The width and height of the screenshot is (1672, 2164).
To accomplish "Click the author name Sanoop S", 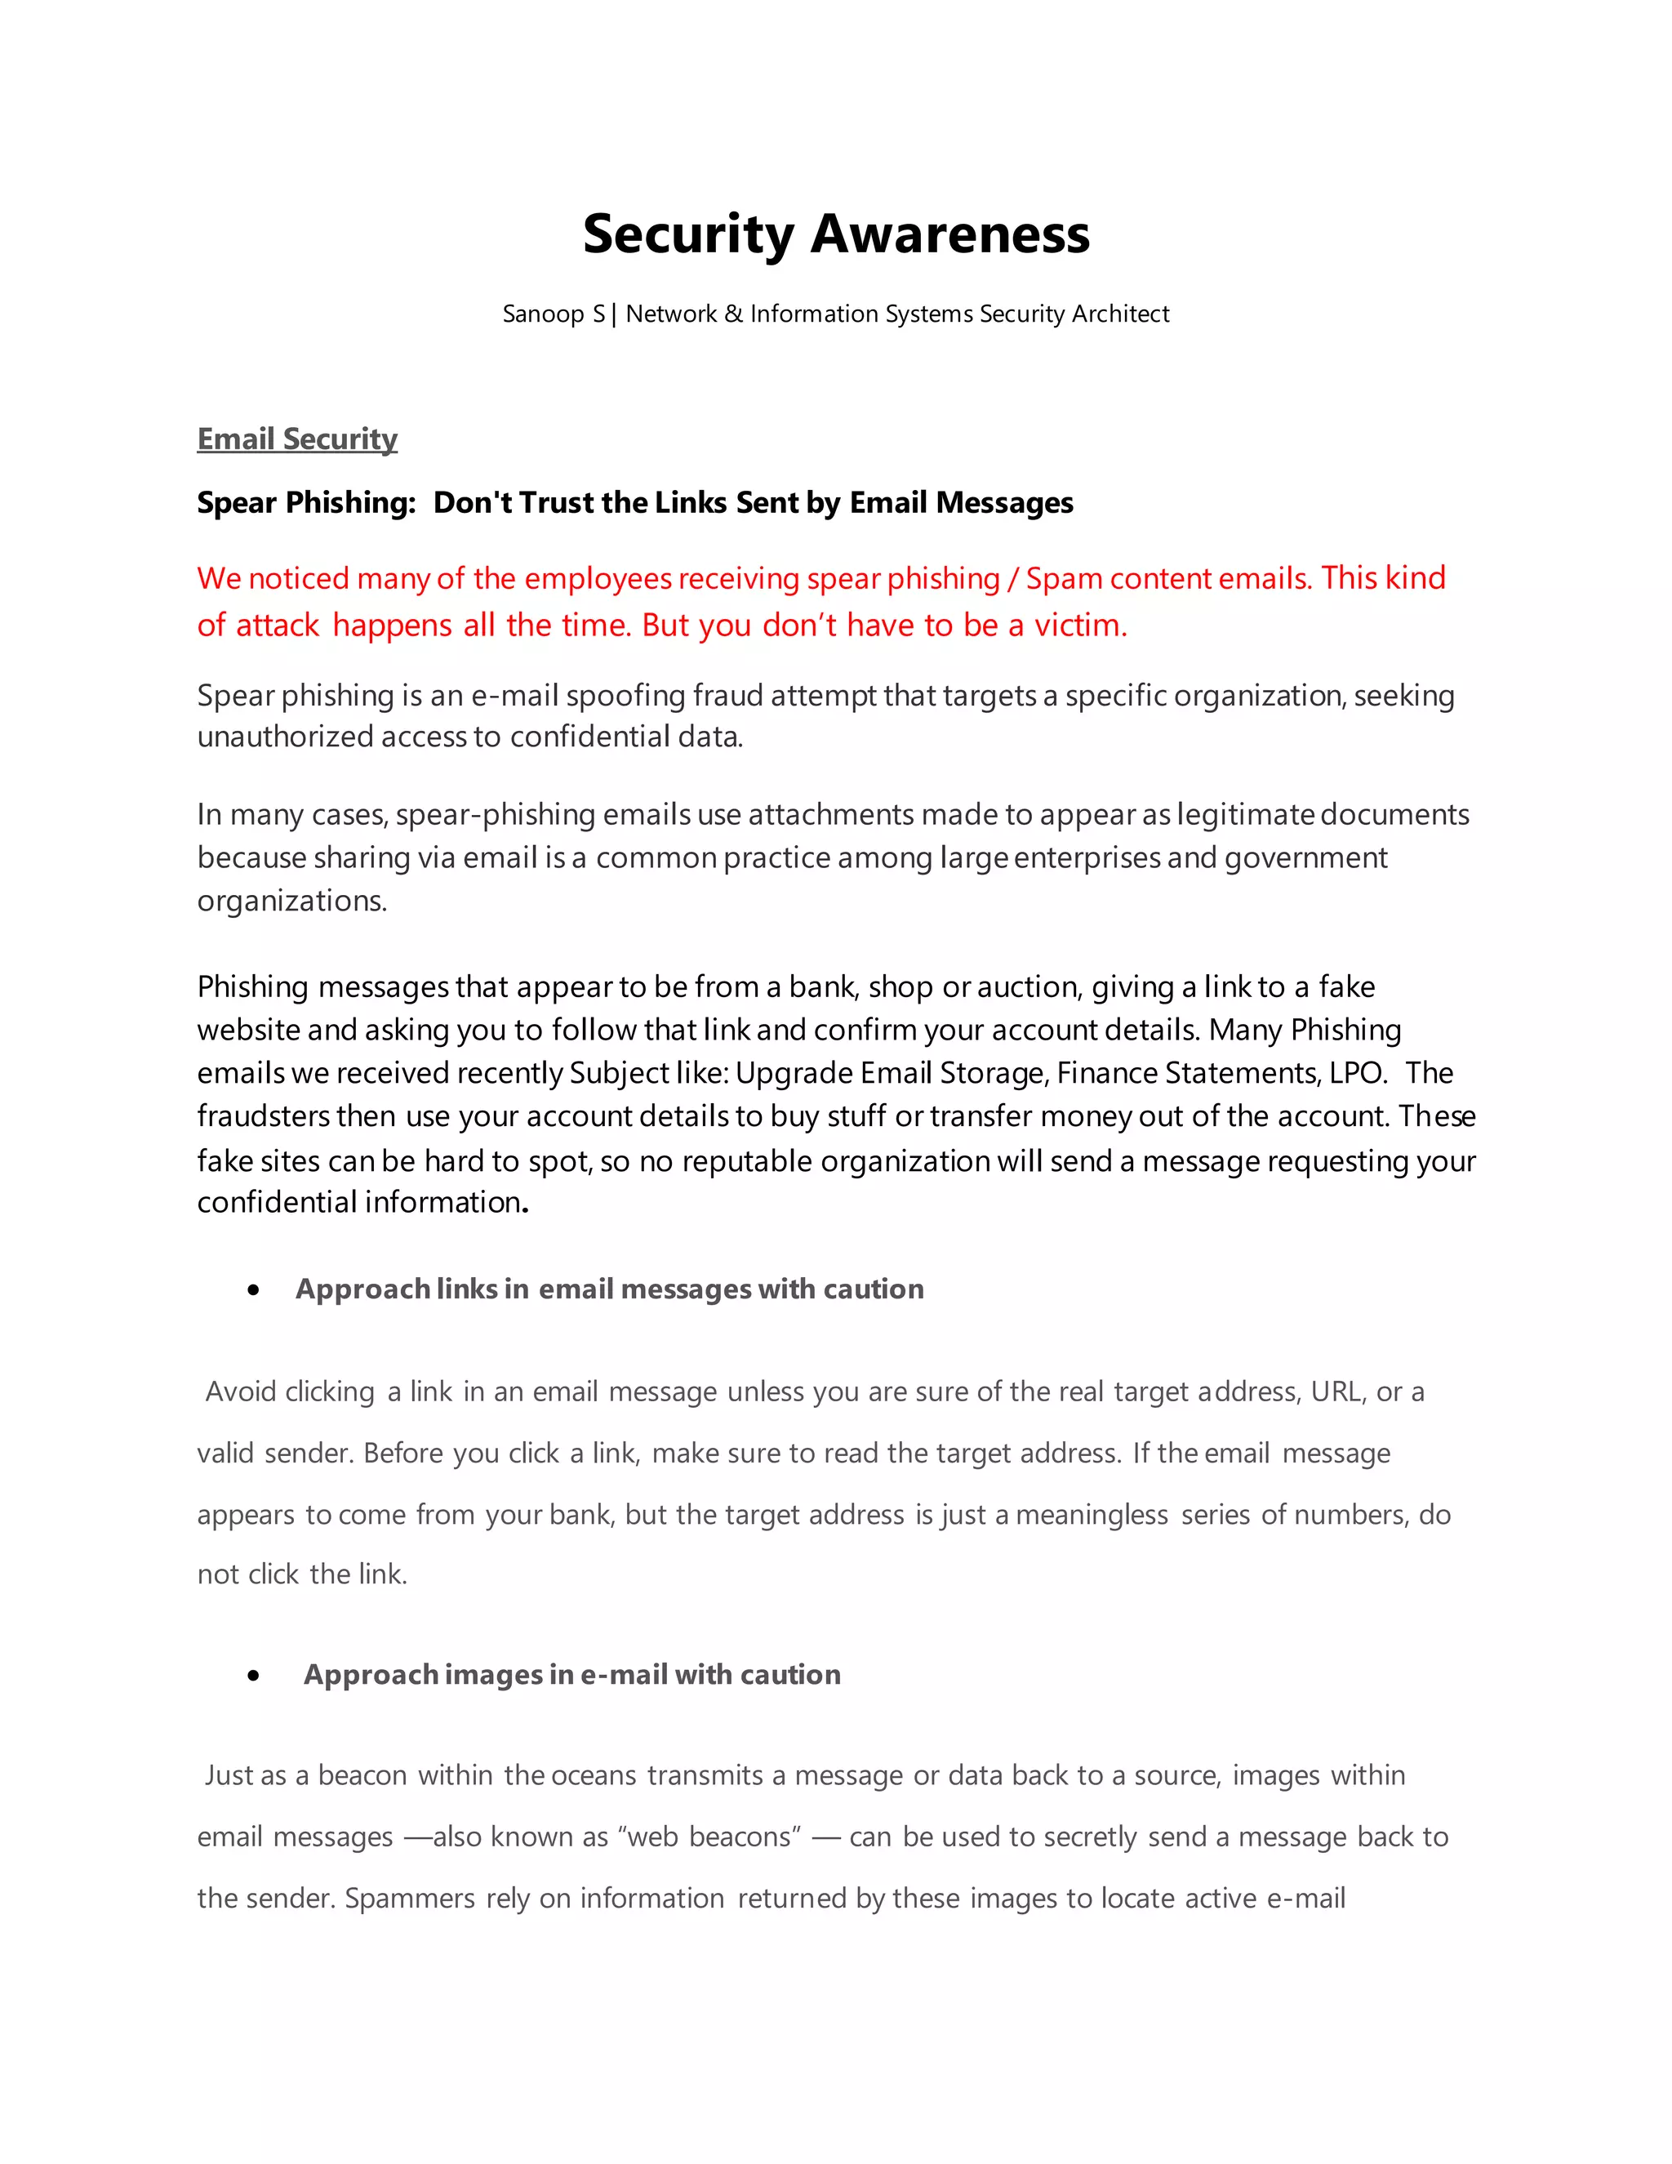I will pos(553,314).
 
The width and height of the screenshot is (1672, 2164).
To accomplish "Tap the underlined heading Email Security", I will pos(297,439).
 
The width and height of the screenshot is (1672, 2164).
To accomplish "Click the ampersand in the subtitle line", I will pos(733,314).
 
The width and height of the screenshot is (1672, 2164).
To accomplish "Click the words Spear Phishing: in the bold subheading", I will pos(306,502).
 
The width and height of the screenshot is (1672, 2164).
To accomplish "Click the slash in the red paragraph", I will pos(1012,579).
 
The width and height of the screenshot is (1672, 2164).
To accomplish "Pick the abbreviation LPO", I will pos(1356,1073).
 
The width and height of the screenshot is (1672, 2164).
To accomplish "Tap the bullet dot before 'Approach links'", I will pos(255,1290).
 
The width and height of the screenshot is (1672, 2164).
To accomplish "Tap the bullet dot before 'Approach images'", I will pos(255,1676).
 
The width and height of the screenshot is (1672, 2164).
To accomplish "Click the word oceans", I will pos(594,1775).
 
